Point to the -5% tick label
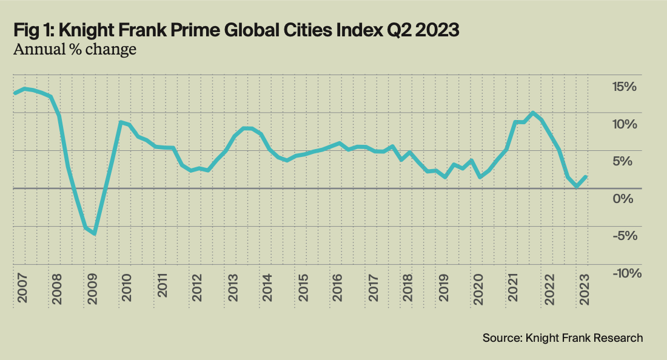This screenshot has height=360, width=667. [626, 236]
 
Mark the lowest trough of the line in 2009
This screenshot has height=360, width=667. [95, 233]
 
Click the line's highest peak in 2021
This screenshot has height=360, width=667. [532, 113]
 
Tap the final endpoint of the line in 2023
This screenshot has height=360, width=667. [586, 176]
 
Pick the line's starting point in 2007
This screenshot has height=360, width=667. [15, 93]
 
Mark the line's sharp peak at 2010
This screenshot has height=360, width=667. [121, 122]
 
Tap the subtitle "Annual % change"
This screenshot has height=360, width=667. [74, 50]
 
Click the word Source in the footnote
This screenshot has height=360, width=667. [500, 338]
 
